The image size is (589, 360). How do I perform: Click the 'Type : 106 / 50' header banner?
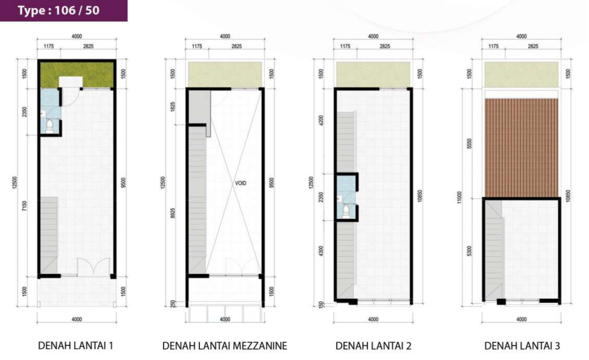click(x=63, y=10)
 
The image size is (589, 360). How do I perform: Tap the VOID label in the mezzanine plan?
click(x=241, y=184)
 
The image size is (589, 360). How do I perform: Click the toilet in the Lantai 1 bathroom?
click(x=50, y=127)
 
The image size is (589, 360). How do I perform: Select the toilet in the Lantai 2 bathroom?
click(x=346, y=211)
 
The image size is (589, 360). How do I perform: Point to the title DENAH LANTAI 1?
click(x=76, y=345)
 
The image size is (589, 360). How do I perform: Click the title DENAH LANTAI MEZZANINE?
click(x=225, y=345)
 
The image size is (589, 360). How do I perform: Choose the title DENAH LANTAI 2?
click(x=373, y=345)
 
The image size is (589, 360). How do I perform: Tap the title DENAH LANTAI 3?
click(x=522, y=345)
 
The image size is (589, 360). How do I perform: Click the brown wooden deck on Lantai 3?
click(x=522, y=148)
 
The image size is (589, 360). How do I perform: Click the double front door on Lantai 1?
click(x=94, y=267)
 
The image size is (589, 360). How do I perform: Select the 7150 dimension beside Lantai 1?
click(x=25, y=205)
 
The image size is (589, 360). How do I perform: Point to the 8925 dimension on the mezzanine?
click(x=173, y=213)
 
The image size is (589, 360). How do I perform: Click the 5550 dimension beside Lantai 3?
click(x=469, y=144)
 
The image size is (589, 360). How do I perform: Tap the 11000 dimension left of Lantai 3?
click(x=459, y=197)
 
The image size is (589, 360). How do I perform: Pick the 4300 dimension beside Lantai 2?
click(x=321, y=252)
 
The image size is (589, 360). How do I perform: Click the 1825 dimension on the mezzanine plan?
click(x=173, y=107)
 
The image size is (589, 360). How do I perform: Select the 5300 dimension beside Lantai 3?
click(x=469, y=252)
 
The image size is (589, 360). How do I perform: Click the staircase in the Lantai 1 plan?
click(x=49, y=235)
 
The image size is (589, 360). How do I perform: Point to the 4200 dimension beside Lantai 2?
click(x=321, y=120)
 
